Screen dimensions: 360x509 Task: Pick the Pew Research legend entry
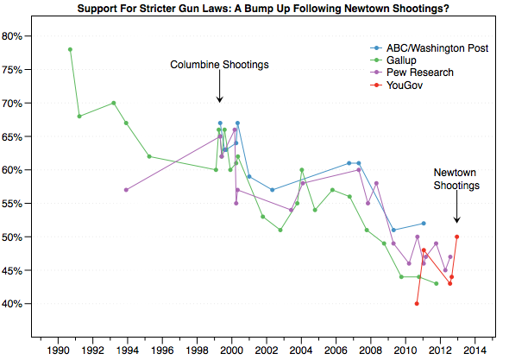416,73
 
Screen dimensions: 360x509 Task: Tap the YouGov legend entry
405,85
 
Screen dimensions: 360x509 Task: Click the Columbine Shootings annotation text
219,65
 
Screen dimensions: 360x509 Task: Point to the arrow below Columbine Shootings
219,89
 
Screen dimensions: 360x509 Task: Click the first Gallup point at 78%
70,49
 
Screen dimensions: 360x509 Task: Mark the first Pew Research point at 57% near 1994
127,190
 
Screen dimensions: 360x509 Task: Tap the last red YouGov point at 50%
456,237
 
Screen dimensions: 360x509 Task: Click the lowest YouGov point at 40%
417,304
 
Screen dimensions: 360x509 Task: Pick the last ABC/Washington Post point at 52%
423,224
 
